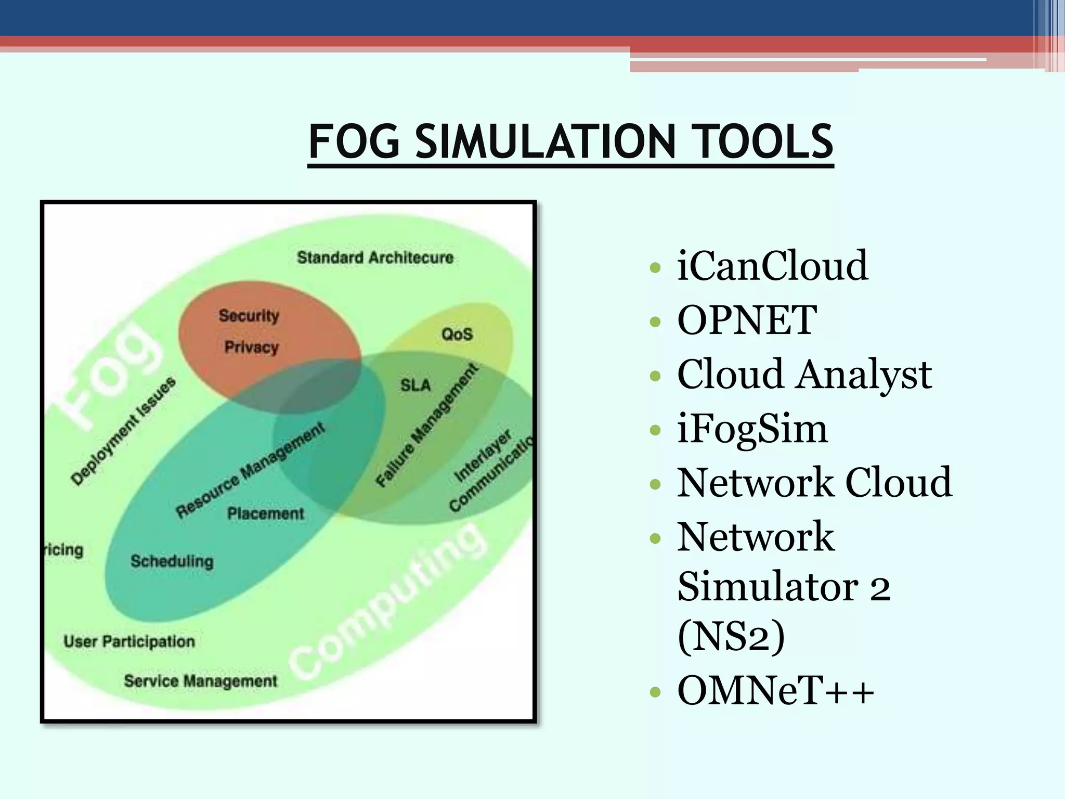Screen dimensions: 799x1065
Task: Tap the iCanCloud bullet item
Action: click(x=772, y=266)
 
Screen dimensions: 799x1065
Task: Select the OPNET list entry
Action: click(x=747, y=320)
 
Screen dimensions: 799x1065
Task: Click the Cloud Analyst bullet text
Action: click(x=804, y=375)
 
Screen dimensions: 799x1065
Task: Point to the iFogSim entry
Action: click(x=752, y=429)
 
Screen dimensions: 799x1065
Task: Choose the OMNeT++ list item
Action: click(x=775, y=691)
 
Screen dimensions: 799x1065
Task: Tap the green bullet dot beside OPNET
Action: click(x=655, y=322)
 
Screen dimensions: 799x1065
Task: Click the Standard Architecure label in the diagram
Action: click(x=375, y=257)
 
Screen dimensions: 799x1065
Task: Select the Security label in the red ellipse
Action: click(x=249, y=315)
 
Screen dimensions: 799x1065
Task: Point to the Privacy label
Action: click(x=252, y=347)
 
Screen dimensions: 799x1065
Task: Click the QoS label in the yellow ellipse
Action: click(x=457, y=334)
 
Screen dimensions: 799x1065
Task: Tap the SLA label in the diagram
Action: click(x=415, y=385)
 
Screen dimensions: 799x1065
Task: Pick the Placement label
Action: click(x=266, y=514)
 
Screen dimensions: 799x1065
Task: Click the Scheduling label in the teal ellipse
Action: click(x=172, y=561)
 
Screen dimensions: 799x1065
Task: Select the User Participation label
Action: click(x=129, y=641)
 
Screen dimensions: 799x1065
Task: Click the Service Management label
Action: click(x=201, y=681)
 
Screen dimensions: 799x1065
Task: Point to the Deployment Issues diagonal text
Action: click(x=124, y=431)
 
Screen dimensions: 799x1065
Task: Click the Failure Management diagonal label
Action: click(x=426, y=426)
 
